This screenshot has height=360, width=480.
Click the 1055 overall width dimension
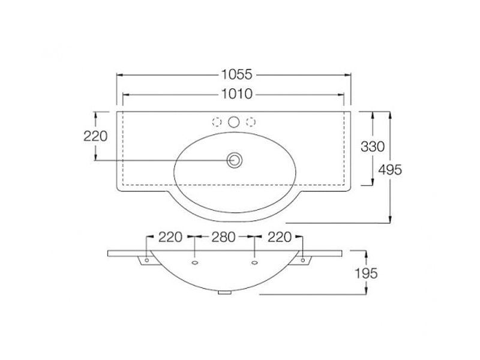click(236, 74)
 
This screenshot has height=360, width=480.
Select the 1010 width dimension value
click(236, 94)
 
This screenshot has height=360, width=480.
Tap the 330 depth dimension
click(372, 147)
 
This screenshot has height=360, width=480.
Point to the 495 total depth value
click(389, 170)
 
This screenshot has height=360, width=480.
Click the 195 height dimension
click(366, 274)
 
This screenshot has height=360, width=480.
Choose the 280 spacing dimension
click(223, 237)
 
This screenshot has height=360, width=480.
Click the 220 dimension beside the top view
click(95, 136)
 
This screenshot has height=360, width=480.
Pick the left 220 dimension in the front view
click(170, 237)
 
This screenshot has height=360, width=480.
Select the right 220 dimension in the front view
click(280, 237)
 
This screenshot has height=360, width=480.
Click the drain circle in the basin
click(235, 160)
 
